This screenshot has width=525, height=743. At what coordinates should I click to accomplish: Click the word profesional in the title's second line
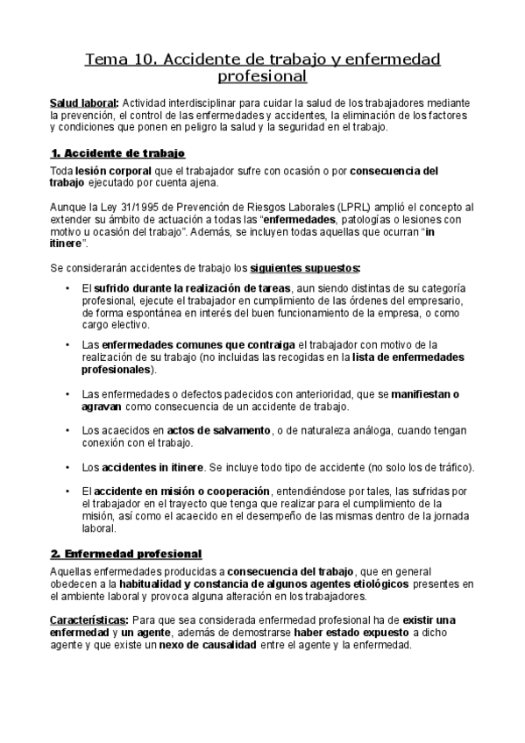(261, 77)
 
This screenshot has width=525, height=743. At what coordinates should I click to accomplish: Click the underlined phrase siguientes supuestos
(305, 266)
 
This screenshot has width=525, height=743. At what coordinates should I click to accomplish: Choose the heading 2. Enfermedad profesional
(126, 554)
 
